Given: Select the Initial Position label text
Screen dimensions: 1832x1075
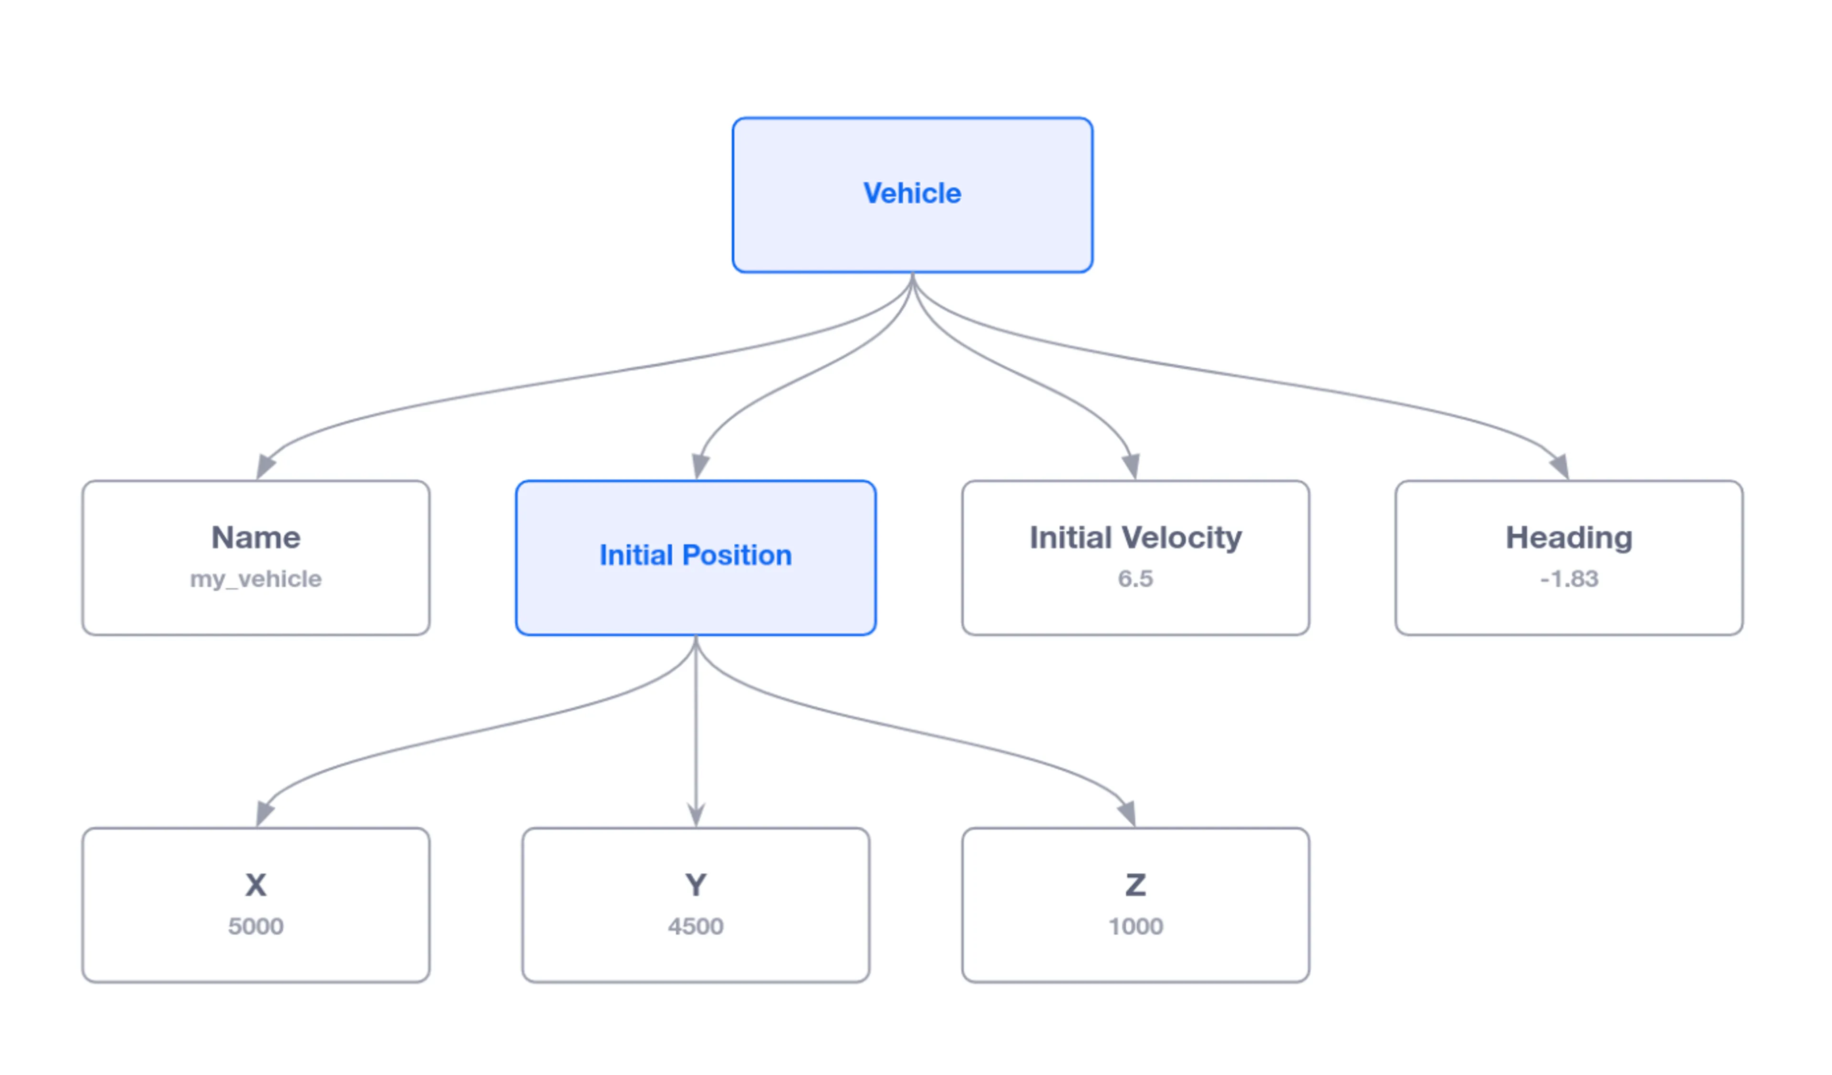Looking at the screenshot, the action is click(696, 555).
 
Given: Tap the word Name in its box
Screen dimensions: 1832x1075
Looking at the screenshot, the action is click(256, 538).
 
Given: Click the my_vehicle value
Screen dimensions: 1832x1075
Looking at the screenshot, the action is click(256, 579).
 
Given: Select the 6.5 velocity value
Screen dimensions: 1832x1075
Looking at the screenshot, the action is click(1135, 579).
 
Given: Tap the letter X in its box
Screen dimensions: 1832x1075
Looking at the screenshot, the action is click(256, 885).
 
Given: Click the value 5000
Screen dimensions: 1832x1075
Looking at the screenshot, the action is click(256, 927).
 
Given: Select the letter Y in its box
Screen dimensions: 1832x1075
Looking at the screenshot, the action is click(696, 885).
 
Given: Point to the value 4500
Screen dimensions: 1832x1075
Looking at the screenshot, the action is click(696, 927).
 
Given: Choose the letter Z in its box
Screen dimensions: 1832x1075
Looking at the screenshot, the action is click(1135, 885).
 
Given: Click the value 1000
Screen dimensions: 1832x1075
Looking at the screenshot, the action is click(1135, 927).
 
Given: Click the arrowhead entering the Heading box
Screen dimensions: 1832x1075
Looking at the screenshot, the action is click(1560, 466).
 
